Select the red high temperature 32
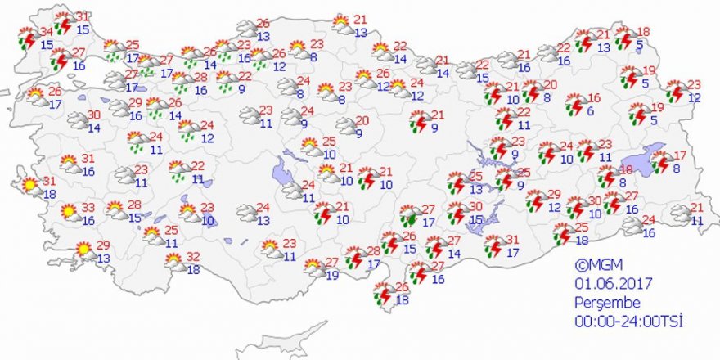[193, 257]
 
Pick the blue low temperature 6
[591, 111]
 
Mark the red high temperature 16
[594, 99]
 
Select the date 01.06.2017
[611, 283]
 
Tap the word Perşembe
[601, 302]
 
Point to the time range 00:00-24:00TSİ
[628, 320]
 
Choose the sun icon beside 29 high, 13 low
[83, 250]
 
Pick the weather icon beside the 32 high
[173, 262]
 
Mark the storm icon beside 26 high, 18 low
[382, 294]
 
